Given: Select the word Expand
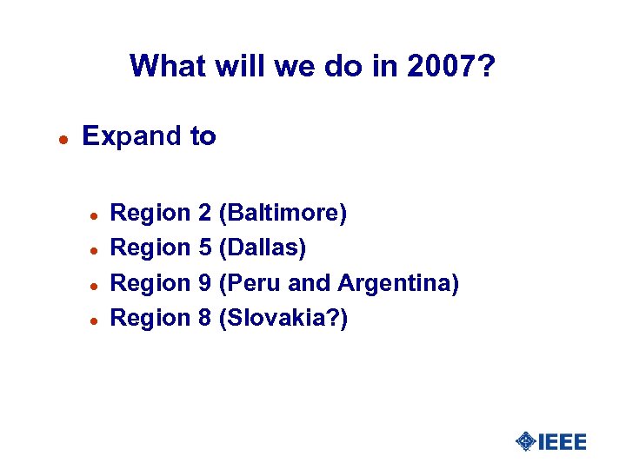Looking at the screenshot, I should (128, 136).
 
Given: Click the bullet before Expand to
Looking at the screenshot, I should (62, 138).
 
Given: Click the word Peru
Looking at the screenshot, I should (254, 283).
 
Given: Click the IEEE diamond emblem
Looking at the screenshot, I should (525, 441).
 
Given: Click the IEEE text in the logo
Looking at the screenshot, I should (563, 441).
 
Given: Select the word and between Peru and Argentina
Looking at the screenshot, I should (313, 283).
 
